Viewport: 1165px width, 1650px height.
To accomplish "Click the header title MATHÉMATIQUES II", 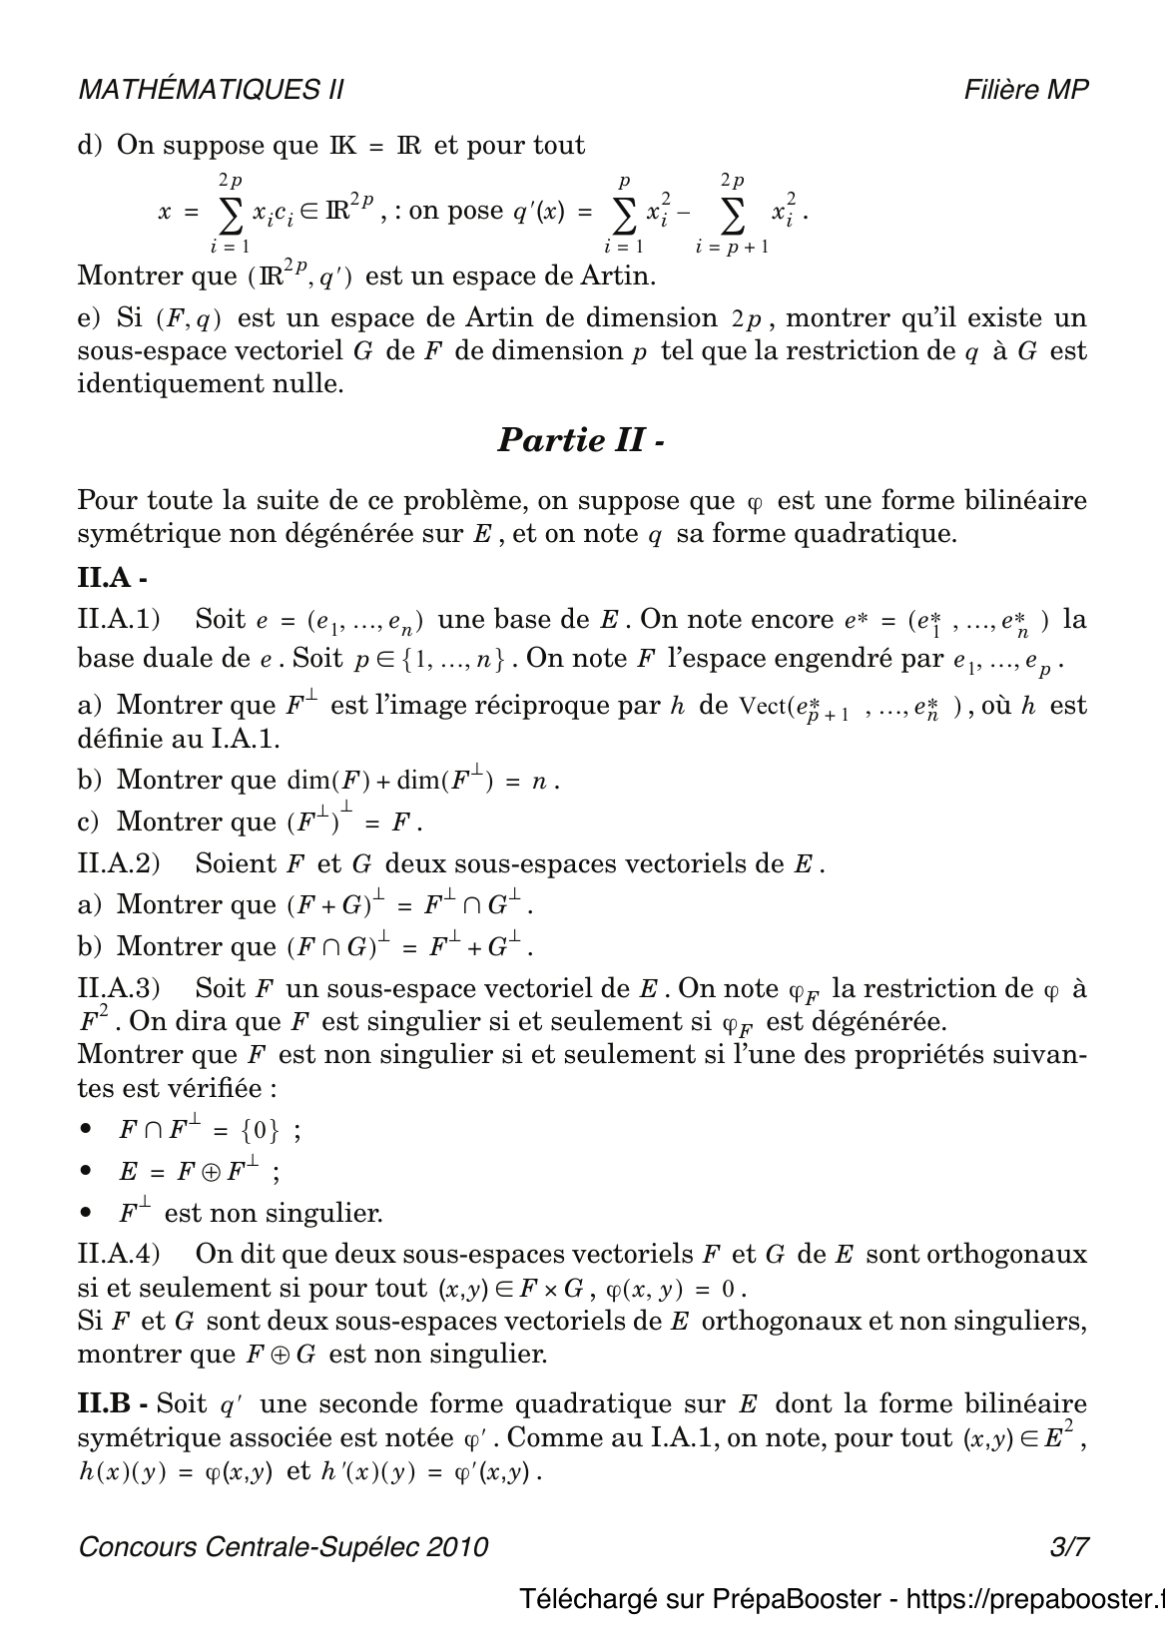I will click(211, 90).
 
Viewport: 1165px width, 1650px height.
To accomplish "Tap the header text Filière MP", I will click(1026, 90).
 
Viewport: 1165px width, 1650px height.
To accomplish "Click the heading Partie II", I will click(580, 440).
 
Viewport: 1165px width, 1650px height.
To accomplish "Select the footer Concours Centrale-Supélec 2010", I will click(283, 1547).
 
